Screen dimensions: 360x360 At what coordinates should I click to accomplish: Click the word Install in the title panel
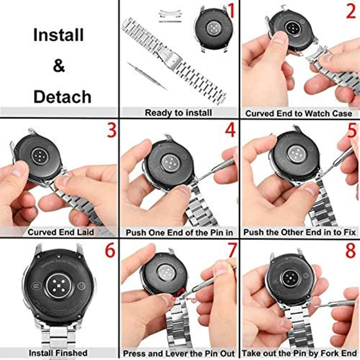58,35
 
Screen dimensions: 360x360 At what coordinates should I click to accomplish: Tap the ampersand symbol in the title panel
59,66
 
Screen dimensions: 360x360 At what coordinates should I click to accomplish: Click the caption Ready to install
178,113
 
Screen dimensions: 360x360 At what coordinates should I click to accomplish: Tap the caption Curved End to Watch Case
299,113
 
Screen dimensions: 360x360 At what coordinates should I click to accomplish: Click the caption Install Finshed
58,353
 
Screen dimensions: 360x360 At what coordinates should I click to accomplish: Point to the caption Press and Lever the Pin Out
179,353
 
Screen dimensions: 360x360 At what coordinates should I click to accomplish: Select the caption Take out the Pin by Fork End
300,353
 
